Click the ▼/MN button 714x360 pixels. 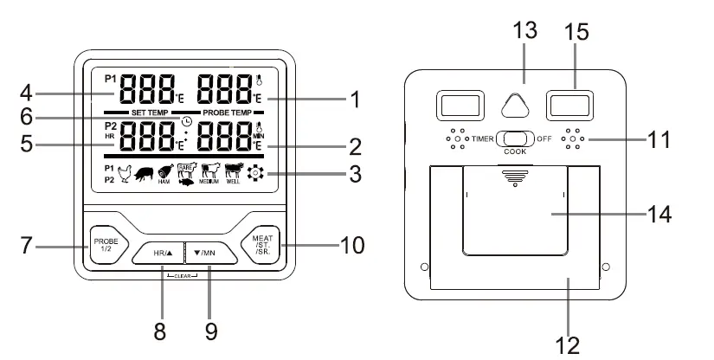point(207,254)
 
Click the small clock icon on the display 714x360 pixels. point(188,119)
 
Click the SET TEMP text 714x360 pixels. point(150,113)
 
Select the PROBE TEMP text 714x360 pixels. point(228,113)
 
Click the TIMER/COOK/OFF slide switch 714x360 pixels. point(515,138)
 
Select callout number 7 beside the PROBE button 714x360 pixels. point(28,245)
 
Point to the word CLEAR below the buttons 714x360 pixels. point(183,275)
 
